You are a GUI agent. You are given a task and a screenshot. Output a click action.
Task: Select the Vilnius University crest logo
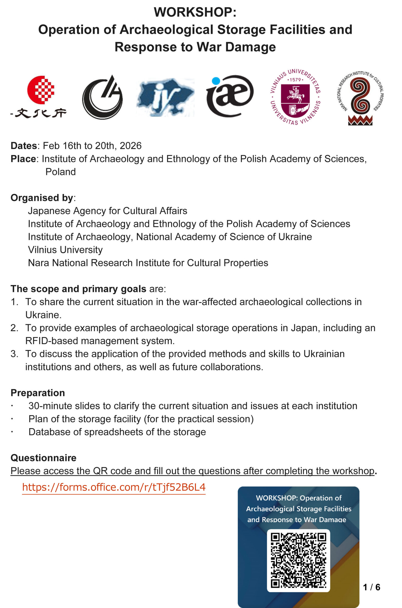pos(295,97)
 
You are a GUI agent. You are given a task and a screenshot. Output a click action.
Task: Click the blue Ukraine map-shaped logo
pos(165,97)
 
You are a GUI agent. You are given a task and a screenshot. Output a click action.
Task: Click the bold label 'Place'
pos(23,159)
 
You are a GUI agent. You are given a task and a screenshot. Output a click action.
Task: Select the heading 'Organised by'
pos(42,198)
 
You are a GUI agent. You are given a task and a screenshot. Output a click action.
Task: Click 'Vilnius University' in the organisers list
pos(65,250)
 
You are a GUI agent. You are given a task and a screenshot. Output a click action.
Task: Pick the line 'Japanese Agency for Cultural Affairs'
pos(107,211)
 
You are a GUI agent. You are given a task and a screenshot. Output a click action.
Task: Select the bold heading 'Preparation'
pos(38,393)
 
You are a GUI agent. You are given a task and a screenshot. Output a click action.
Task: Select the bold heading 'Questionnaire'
pos(43,458)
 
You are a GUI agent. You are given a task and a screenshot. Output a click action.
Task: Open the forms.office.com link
pos(114,487)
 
